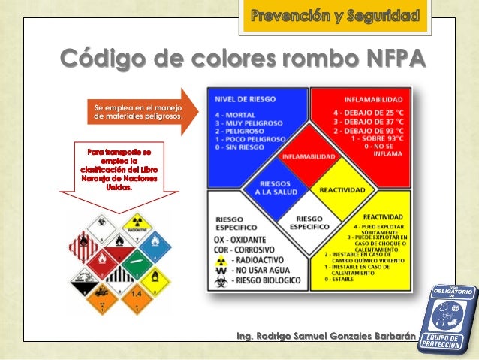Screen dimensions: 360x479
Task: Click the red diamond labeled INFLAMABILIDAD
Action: coord(309,156)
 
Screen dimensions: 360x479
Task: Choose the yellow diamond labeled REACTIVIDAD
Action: coord(342,190)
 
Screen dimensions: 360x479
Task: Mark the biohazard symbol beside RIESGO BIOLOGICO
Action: coord(221,280)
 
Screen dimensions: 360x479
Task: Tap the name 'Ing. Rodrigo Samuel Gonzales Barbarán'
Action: coord(326,335)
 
